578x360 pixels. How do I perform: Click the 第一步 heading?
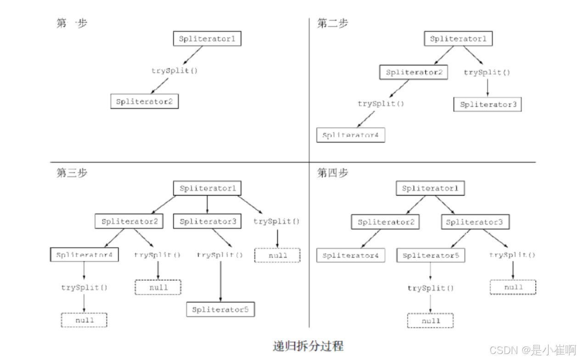(72, 23)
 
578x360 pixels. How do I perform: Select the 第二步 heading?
(332, 23)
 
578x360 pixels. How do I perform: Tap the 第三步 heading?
(72, 173)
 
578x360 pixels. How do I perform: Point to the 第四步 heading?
(332, 173)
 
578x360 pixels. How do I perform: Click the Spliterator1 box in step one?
(207, 39)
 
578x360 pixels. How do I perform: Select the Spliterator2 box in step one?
(144, 101)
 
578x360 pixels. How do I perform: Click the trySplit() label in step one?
(170, 71)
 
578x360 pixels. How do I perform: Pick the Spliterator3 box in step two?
(488, 104)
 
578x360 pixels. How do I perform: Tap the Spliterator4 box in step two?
(351, 135)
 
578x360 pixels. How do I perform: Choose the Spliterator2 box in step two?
(414, 73)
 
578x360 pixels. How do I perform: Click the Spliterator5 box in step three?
(220, 309)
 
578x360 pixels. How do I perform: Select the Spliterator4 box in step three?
(84, 255)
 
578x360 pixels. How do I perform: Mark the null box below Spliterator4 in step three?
(84, 320)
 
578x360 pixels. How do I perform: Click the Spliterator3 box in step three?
(208, 222)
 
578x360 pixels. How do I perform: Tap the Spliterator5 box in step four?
(431, 255)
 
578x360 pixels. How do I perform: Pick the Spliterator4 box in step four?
(351, 255)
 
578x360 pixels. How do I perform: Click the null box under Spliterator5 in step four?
(430, 321)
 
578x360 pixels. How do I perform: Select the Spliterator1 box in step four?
(430, 188)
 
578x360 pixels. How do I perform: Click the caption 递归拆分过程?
(308, 346)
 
